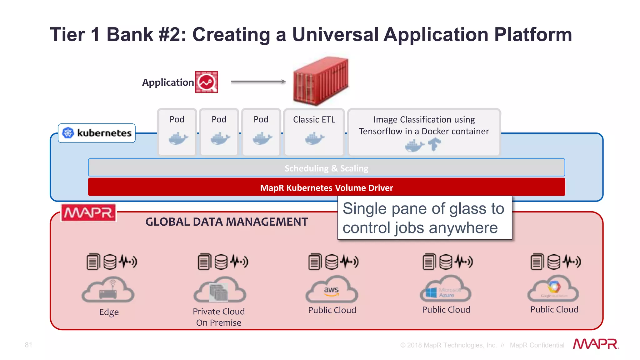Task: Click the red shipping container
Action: point(321,81)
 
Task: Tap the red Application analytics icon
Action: point(206,82)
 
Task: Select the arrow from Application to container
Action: point(258,82)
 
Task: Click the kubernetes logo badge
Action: point(97,133)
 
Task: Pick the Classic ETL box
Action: point(314,132)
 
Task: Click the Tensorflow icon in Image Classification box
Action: point(434,144)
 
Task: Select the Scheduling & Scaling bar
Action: point(326,168)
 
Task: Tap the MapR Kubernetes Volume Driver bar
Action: point(326,187)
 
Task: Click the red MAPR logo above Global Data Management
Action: point(88,213)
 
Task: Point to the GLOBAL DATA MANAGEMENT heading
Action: point(227,222)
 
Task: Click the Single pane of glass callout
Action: point(424,218)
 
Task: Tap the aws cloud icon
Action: point(332,290)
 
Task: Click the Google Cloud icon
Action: point(553,289)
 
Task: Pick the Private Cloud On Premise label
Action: point(218,317)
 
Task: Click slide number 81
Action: point(28,345)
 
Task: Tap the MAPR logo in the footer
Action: point(596,344)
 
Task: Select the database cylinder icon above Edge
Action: point(110,262)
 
